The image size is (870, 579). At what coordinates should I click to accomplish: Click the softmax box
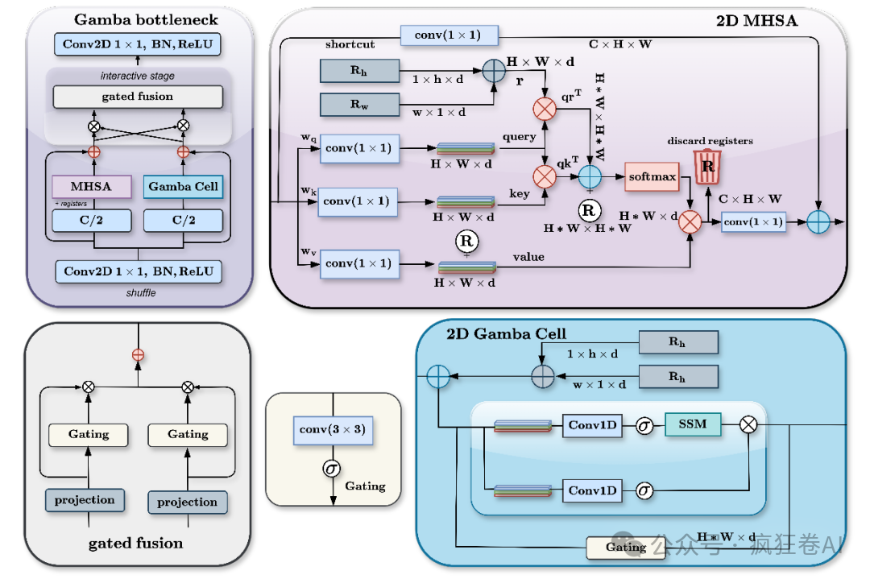(652, 177)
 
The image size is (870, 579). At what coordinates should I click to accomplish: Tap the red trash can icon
(707, 167)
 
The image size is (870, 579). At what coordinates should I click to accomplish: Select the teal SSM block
(693, 424)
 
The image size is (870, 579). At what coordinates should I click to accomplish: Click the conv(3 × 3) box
(333, 430)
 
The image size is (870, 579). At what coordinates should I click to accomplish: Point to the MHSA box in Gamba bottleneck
(91, 186)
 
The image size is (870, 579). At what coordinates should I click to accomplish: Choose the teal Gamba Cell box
(183, 186)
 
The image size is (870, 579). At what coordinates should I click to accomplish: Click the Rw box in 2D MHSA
(359, 104)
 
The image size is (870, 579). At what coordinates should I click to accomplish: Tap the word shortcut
(350, 44)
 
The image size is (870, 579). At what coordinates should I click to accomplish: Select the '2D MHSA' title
(756, 21)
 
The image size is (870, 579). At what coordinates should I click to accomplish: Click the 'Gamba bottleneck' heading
(146, 20)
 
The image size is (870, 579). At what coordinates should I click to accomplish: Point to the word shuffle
(141, 293)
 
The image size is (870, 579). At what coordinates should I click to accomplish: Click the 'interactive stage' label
(138, 76)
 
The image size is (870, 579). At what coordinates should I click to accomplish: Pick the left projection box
(85, 500)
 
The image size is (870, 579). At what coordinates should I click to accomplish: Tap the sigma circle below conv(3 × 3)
(331, 469)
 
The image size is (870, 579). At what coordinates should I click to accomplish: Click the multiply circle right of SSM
(748, 425)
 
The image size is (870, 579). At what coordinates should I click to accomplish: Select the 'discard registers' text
(710, 141)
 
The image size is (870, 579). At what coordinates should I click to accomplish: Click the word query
(520, 137)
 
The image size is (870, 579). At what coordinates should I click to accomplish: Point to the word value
(528, 257)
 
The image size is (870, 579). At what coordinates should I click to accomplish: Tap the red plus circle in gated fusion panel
(139, 355)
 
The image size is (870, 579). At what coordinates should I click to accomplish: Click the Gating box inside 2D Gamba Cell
(626, 548)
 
